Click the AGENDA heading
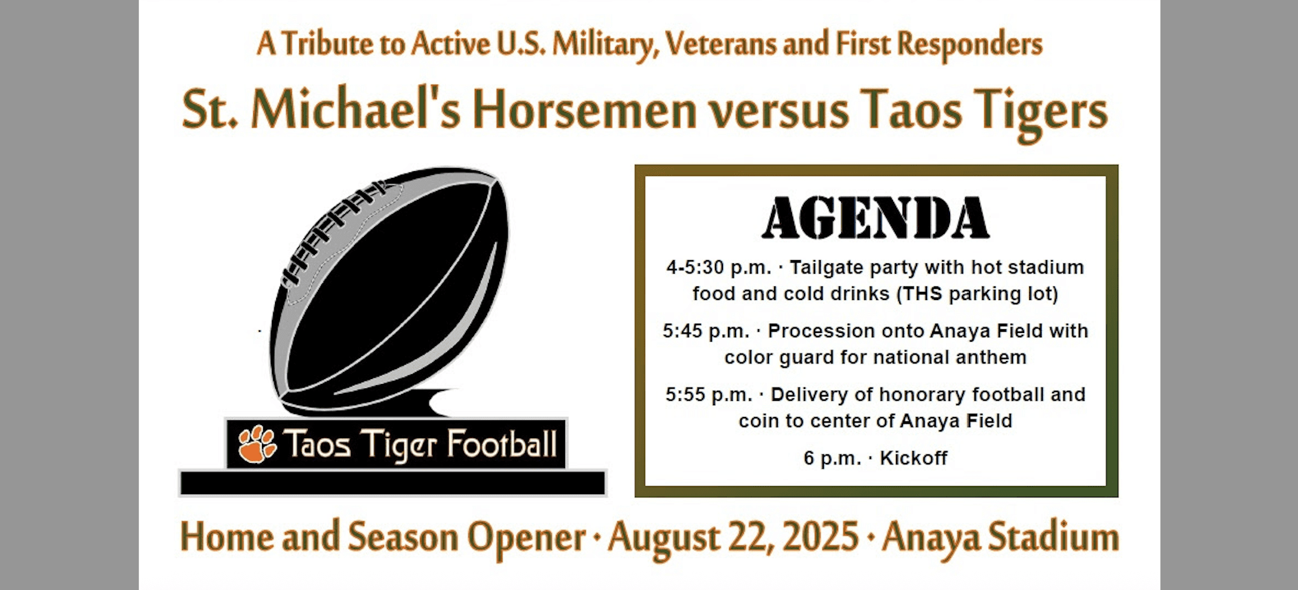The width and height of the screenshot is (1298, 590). (875, 218)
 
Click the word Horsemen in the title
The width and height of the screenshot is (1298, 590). (584, 110)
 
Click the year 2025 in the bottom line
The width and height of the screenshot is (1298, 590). (820, 536)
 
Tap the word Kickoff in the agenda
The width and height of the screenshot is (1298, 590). (913, 458)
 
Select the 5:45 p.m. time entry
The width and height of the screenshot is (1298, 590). (706, 331)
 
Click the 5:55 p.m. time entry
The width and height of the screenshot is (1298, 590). (709, 395)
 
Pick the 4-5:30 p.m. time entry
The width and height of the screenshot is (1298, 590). (719, 268)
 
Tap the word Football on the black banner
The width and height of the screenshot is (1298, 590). (502, 444)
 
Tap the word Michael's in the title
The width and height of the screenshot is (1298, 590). (355, 110)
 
